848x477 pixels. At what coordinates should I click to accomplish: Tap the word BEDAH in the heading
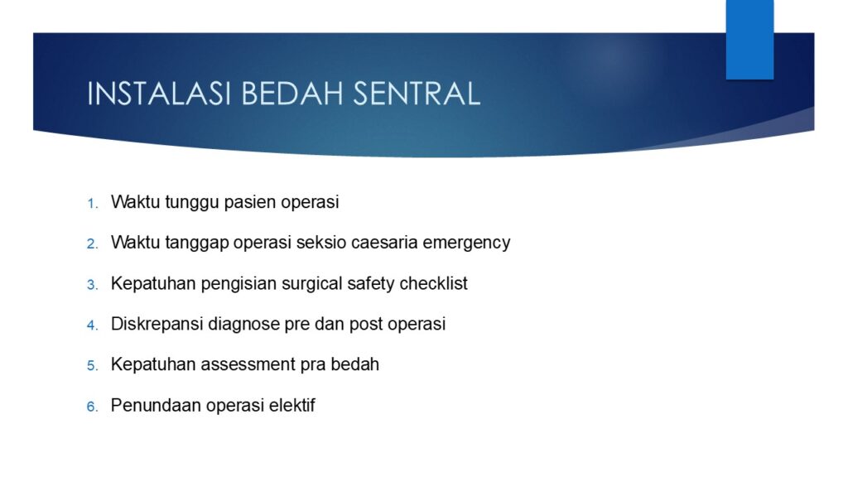pos(292,94)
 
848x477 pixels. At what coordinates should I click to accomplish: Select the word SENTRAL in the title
pos(417,94)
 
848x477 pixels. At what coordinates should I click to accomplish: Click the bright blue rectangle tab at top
pos(749,40)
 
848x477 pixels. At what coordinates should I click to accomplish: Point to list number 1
pos(92,204)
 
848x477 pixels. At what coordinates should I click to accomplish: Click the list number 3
pos(92,285)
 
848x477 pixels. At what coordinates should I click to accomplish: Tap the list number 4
pos(92,325)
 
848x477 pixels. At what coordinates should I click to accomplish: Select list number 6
pos(92,407)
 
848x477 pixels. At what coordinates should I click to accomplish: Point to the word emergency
pos(466,243)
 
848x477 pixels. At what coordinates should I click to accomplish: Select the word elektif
pos(292,405)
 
